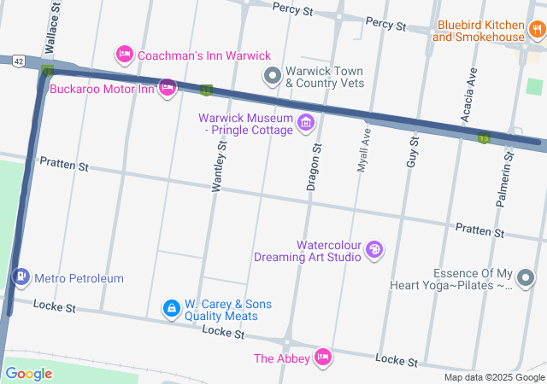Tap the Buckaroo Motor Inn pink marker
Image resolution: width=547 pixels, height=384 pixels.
[168, 87]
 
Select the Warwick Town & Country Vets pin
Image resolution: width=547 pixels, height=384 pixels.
[273, 77]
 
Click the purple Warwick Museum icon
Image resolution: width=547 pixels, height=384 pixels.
[305, 124]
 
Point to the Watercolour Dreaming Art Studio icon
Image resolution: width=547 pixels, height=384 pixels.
[373, 250]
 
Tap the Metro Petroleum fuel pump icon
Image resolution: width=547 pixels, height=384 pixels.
[21, 277]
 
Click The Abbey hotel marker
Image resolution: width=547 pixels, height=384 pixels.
[323, 357]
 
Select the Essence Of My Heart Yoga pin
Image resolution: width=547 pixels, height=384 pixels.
[526, 278]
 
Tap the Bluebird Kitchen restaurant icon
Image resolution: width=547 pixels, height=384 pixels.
[536, 32]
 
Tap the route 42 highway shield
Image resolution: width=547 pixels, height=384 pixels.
[17, 61]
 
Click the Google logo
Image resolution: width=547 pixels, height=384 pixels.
[28, 373]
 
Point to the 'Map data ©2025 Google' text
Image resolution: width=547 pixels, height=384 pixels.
[494, 377]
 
